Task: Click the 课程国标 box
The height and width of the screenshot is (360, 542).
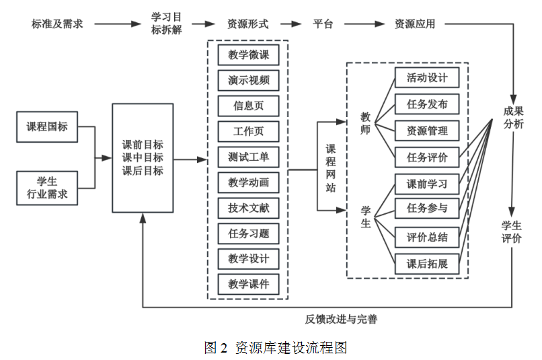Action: point(47,127)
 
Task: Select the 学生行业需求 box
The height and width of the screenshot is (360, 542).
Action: point(47,188)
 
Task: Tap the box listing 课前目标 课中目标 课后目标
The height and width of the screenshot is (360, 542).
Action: point(143,158)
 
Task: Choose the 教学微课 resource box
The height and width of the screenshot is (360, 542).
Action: point(248,55)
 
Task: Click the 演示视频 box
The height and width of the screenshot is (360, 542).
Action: point(248,81)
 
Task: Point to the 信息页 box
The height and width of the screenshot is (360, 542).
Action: point(248,106)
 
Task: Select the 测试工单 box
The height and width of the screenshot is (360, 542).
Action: point(248,157)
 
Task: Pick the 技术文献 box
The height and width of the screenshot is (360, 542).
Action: point(248,208)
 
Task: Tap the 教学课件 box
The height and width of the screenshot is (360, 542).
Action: point(248,283)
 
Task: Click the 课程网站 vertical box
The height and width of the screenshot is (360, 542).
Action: point(331,168)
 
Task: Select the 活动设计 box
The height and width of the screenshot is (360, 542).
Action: point(427,77)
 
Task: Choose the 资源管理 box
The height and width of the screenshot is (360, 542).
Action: point(427,130)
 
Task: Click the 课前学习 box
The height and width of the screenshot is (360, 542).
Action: point(427,183)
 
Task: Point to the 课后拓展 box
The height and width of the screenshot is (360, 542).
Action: point(427,264)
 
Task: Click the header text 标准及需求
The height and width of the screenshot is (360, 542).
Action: point(57,24)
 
